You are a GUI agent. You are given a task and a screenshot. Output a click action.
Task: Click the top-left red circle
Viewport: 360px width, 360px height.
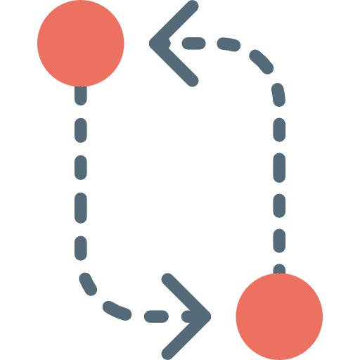[81, 43]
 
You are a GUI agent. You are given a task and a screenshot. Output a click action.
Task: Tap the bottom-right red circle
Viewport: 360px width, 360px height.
[279, 316]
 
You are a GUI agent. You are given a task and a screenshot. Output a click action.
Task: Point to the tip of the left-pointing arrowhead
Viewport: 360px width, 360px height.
[153, 44]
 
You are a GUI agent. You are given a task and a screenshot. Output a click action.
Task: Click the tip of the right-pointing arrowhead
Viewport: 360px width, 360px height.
[208, 316]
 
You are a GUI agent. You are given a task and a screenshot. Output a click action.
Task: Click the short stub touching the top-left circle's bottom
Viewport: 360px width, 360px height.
[81, 95]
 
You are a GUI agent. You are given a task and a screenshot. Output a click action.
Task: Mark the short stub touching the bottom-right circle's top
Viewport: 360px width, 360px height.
[279, 269]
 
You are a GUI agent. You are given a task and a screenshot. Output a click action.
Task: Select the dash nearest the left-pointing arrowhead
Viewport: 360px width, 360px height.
[193, 44]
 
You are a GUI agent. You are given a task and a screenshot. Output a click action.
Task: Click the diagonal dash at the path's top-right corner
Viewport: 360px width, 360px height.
[262, 61]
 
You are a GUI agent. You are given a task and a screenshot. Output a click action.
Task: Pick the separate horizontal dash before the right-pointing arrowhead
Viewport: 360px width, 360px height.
[156, 317]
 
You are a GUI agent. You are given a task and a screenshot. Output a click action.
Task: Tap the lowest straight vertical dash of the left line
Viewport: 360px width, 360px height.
[81, 247]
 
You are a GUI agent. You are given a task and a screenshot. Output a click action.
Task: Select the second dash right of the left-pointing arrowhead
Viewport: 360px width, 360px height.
[229, 46]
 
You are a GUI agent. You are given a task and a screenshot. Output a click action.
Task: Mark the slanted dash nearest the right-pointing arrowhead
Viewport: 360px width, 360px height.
[117, 309]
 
